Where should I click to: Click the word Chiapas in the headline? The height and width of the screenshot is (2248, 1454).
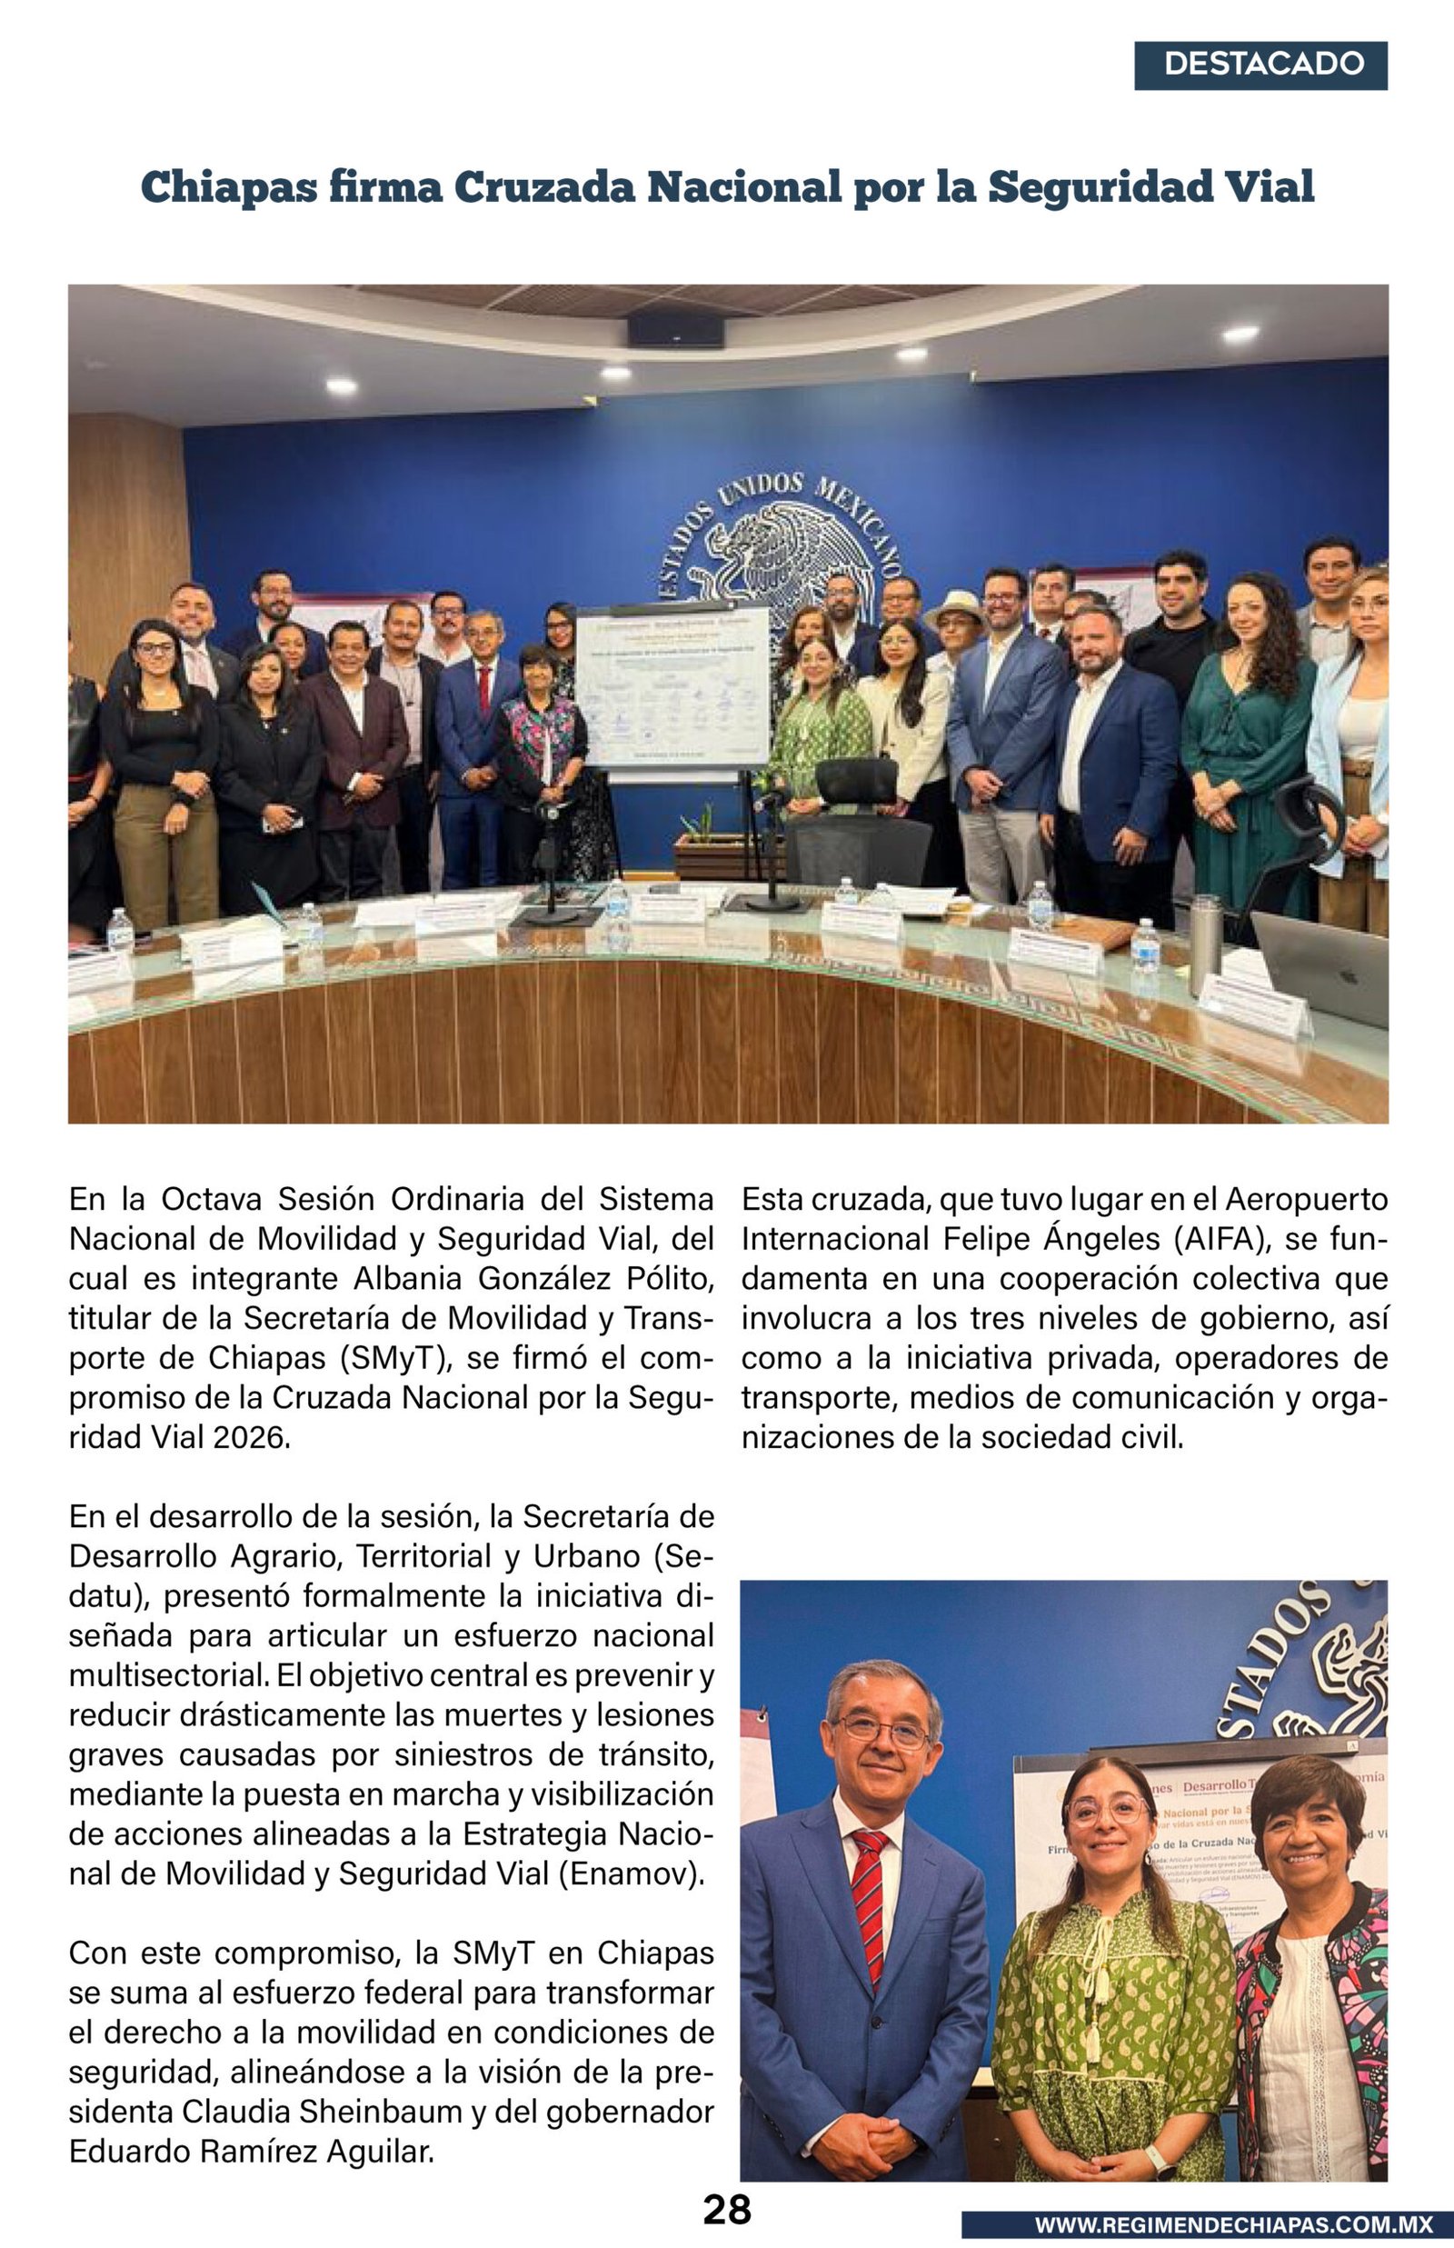click(228, 187)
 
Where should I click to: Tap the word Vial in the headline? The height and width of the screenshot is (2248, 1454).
click(1268, 187)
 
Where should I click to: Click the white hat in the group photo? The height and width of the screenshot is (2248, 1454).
click(954, 605)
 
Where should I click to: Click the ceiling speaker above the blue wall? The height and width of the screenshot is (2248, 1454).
click(675, 329)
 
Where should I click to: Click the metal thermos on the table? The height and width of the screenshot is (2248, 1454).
click(1205, 944)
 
